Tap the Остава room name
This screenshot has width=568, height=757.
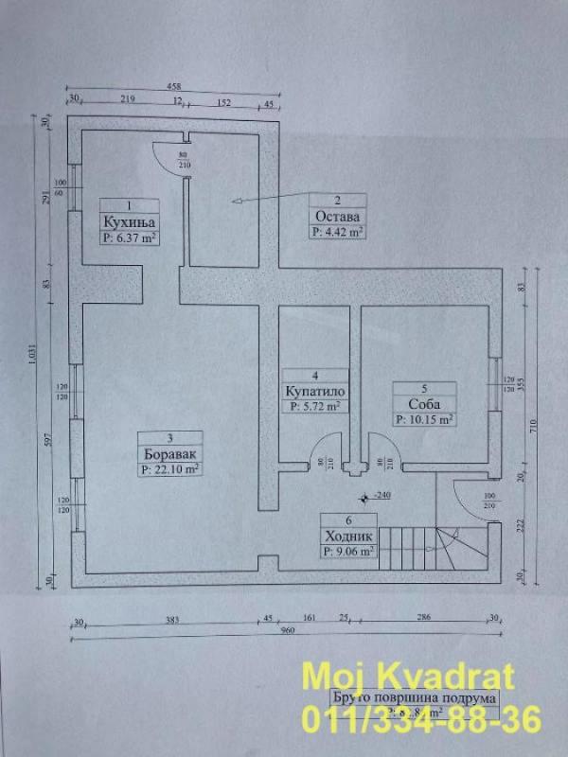[x=337, y=216]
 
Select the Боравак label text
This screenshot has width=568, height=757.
[x=170, y=452]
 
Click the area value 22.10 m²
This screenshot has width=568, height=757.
[x=170, y=467]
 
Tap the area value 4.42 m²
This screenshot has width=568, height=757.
[x=338, y=230]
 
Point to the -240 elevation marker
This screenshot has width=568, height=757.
[x=382, y=495]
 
